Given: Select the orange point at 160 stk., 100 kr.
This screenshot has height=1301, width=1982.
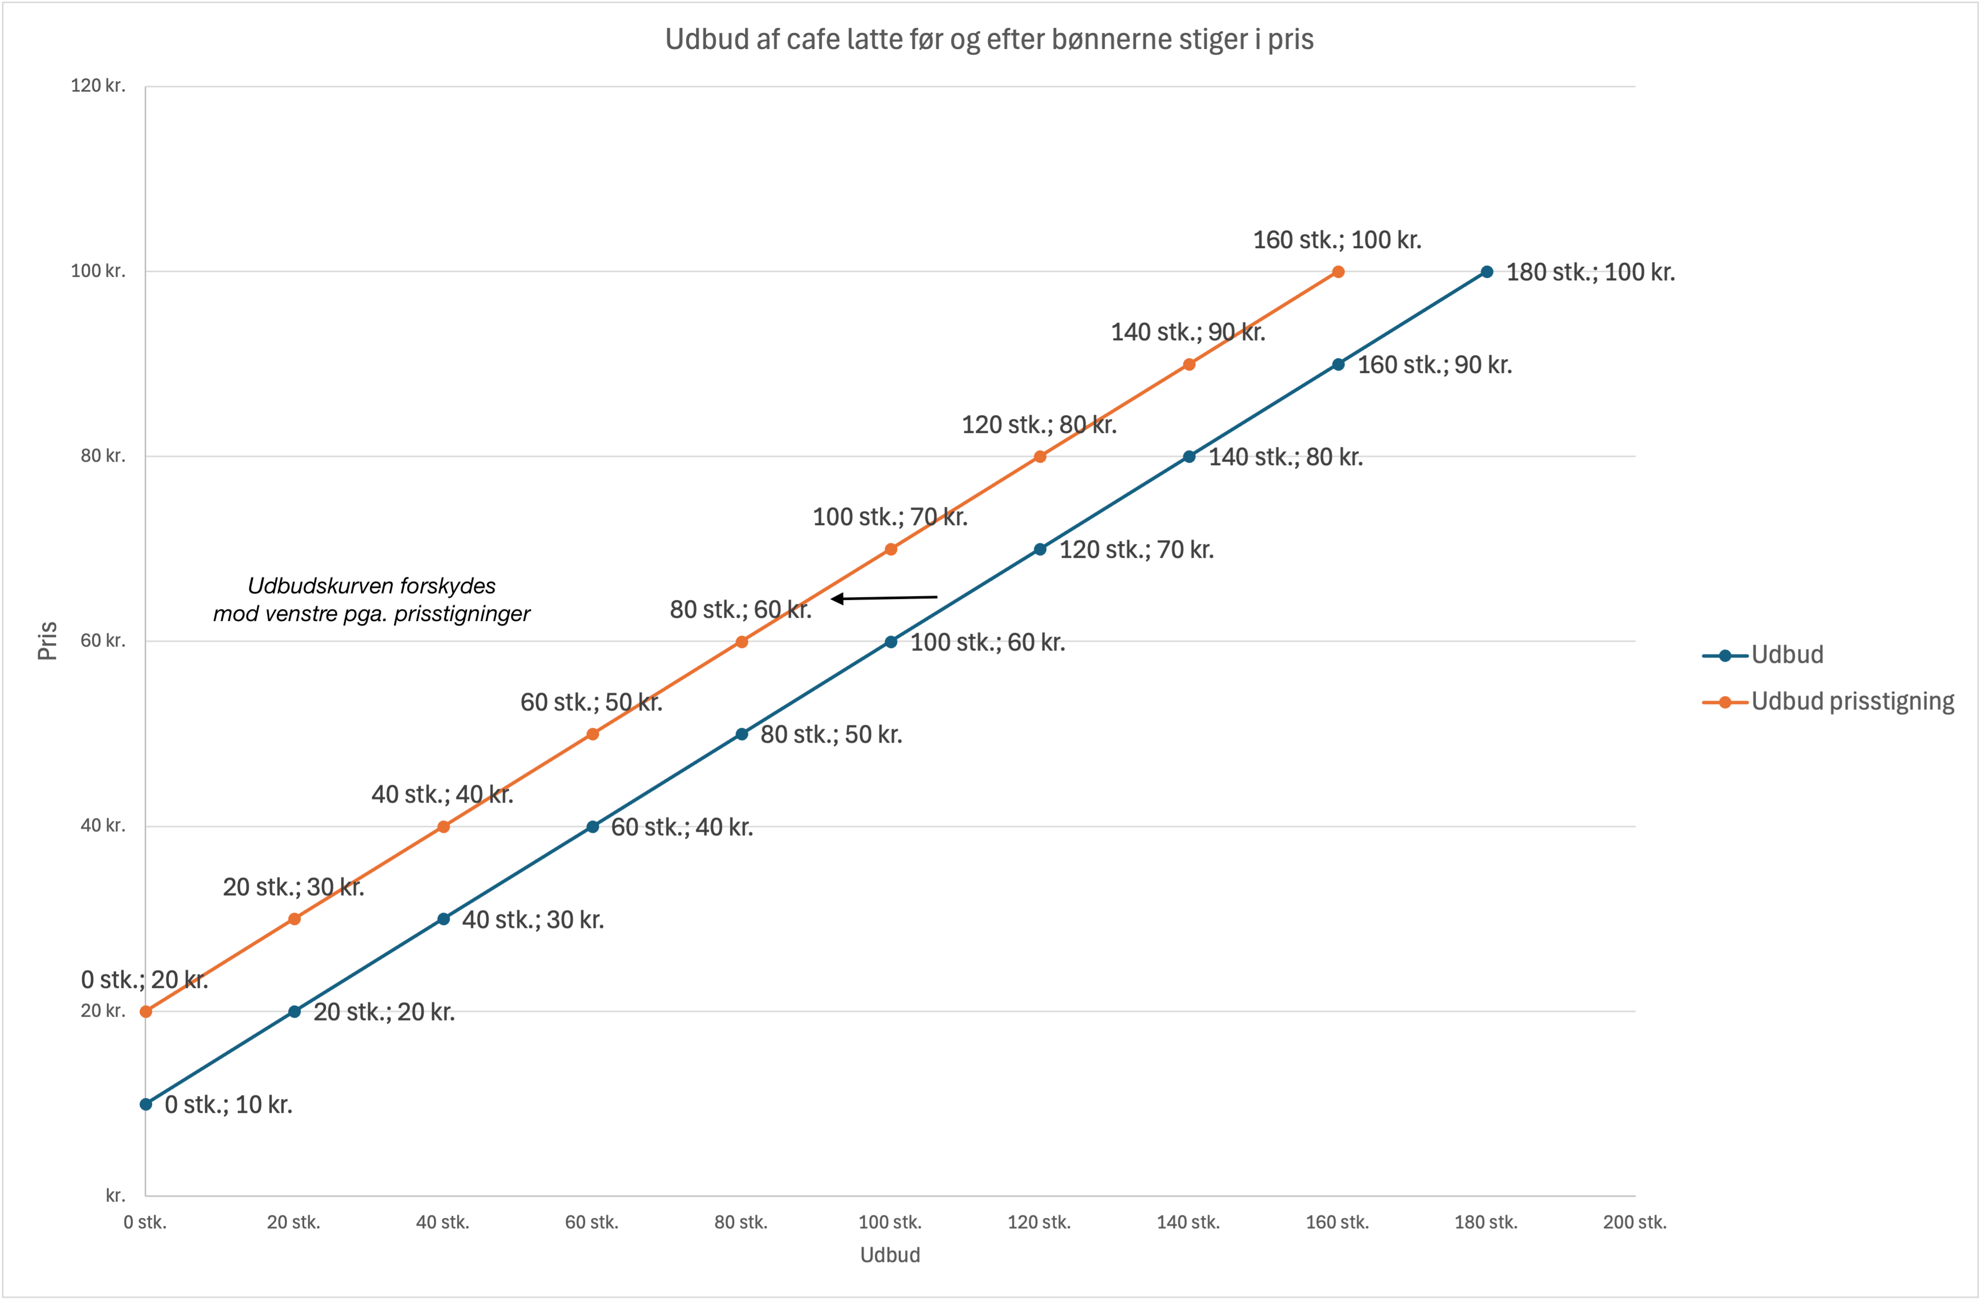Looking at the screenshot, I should click(x=1338, y=271).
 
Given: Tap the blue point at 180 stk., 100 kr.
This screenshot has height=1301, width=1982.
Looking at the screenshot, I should click(x=1487, y=271).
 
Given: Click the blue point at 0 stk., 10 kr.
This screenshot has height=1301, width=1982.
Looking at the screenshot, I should click(x=146, y=1104).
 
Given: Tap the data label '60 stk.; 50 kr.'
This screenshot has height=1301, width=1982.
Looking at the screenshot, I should click(x=591, y=702).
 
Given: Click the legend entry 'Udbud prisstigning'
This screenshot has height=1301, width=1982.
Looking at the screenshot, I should click(x=1852, y=702).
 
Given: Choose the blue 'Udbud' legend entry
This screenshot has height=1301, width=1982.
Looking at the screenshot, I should click(x=1786, y=654).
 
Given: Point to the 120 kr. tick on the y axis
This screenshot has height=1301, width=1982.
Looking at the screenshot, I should click(x=98, y=86).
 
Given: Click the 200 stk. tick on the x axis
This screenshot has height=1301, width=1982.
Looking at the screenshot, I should click(x=1635, y=1222).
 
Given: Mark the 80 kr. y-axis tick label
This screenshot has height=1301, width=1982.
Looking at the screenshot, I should click(x=103, y=456).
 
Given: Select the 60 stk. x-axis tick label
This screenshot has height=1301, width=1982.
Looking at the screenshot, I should click(x=591, y=1222).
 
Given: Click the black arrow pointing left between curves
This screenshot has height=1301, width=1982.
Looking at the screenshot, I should click(x=884, y=598).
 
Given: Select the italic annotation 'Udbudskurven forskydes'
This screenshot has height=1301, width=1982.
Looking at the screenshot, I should click(x=372, y=586).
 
